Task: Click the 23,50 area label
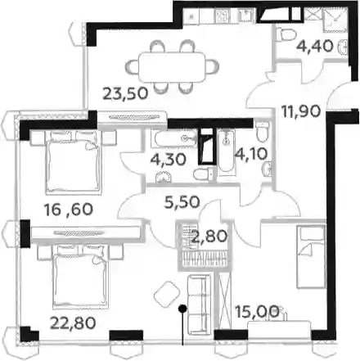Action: [x=125, y=93]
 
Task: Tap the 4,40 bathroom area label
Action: [x=315, y=46]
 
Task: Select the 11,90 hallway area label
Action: [x=301, y=111]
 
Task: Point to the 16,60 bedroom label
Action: [x=69, y=210]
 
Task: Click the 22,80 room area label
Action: [x=73, y=323]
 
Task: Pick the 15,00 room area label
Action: [x=258, y=312]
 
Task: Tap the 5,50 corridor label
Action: [x=182, y=202]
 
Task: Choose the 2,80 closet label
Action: [x=209, y=237]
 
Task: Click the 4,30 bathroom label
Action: [x=169, y=160]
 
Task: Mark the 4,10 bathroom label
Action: [x=251, y=154]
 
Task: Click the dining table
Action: [x=172, y=67]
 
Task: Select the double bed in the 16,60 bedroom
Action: [x=74, y=161]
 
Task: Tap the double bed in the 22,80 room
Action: [x=80, y=276]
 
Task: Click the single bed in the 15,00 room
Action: [x=311, y=256]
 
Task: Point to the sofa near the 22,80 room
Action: [x=199, y=305]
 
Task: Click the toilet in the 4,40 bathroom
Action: [x=286, y=35]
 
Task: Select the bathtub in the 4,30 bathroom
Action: [x=175, y=138]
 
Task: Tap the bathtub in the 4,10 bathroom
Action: [x=226, y=151]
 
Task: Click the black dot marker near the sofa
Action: [x=182, y=309]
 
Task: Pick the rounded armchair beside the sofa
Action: [x=167, y=296]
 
